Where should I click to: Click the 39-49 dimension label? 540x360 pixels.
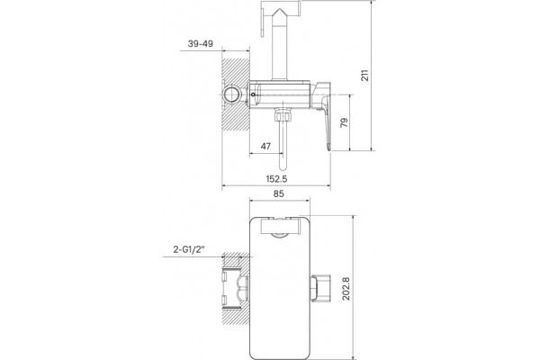pyautogui.click(x=201, y=44)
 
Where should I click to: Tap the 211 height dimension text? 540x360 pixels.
pyautogui.click(x=364, y=75)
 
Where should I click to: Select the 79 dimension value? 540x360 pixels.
pyautogui.click(x=344, y=122)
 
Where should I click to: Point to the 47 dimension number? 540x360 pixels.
pyautogui.click(x=265, y=146)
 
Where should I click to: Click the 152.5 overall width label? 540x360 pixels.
pyautogui.click(x=276, y=179)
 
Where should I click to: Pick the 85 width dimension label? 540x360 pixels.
pyautogui.click(x=279, y=194)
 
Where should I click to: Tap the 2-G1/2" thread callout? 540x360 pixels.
pyautogui.click(x=189, y=249)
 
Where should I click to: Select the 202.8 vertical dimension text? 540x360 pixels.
pyautogui.click(x=346, y=289)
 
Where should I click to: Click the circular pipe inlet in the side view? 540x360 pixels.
pyautogui.click(x=231, y=94)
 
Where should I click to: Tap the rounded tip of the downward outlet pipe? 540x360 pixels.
pyautogui.click(x=283, y=167)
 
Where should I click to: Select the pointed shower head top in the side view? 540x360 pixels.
pyautogui.click(x=279, y=14)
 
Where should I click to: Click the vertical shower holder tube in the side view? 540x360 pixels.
pyautogui.click(x=279, y=50)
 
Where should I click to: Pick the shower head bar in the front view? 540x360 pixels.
pyautogui.click(x=282, y=226)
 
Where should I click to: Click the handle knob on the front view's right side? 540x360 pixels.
pyautogui.click(x=321, y=288)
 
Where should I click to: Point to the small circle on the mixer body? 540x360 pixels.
pyautogui.click(x=254, y=94)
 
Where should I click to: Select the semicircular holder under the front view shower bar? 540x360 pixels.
pyautogui.click(x=279, y=236)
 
